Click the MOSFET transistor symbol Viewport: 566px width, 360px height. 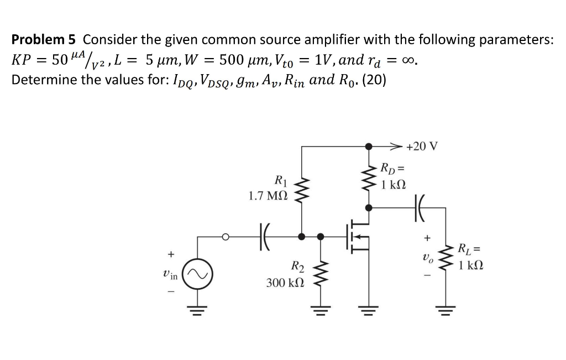(x=357, y=237)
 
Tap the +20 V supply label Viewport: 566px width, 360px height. (x=421, y=147)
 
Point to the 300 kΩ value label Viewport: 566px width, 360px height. (x=284, y=283)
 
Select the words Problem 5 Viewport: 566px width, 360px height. (x=45, y=39)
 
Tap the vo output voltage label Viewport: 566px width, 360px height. (x=426, y=258)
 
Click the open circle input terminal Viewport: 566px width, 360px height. (x=226, y=237)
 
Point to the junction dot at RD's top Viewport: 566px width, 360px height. (x=369, y=147)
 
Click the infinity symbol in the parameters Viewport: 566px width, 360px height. (x=408, y=60)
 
